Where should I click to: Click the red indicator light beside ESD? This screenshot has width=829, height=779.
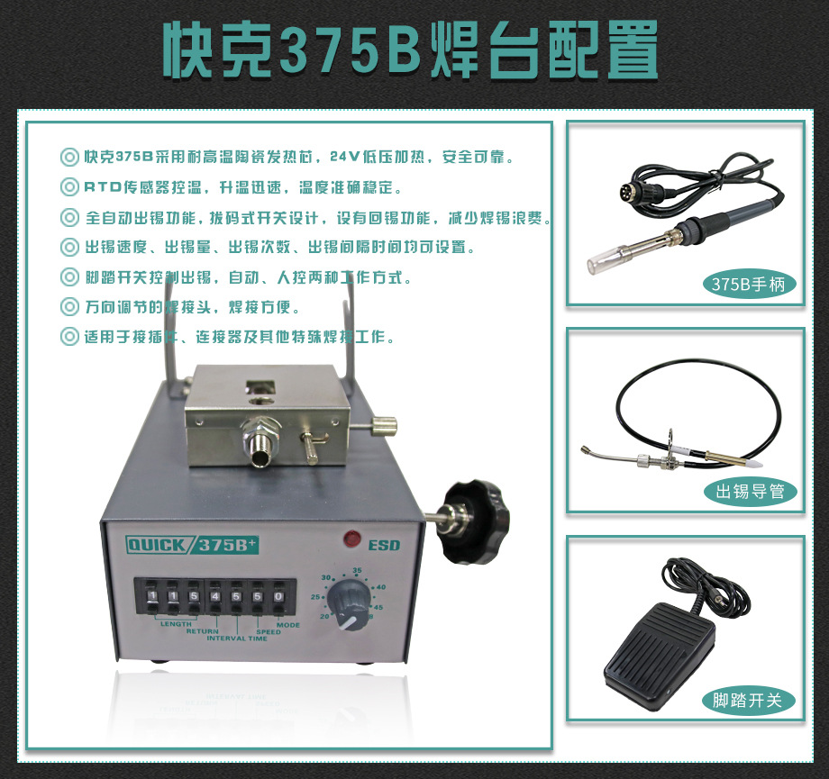[x=350, y=540]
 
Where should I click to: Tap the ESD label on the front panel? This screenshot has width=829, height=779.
[x=384, y=545]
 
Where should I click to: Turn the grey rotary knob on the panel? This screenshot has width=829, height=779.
[x=347, y=598]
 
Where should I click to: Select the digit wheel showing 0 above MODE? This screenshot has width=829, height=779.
[x=278, y=596]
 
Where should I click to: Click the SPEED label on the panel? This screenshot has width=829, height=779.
[x=269, y=631]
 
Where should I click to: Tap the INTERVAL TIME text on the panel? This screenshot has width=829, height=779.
[x=237, y=639]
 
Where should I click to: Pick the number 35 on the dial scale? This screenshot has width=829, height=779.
[x=358, y=571]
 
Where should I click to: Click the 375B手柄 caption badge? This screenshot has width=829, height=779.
[x=748, y=285]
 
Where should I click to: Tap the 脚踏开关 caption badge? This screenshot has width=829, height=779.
[x=748, y=700]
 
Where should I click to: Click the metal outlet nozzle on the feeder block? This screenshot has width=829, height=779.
[x=261, y=449]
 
